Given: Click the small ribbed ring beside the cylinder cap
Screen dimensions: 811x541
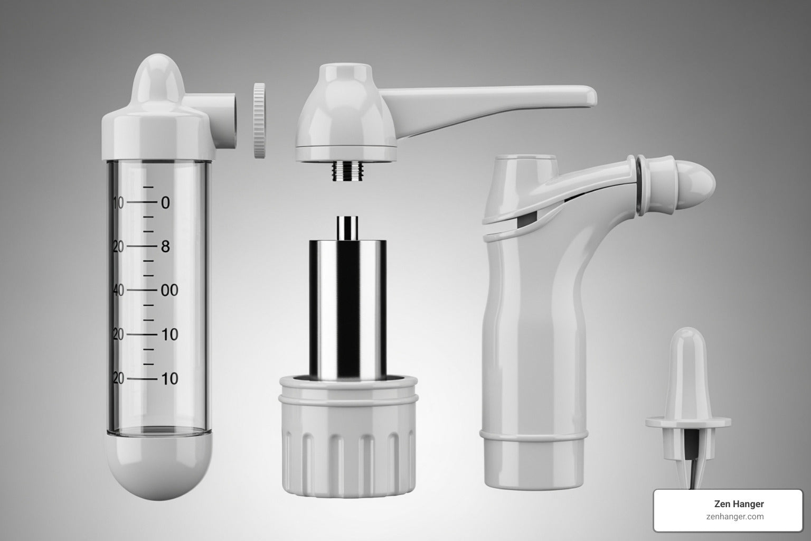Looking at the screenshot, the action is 259,120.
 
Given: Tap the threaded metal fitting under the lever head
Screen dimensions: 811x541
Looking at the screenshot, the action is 348,171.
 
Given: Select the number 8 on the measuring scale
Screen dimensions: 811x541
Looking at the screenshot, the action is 165,246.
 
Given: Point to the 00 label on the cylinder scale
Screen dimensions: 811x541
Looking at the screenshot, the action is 169,290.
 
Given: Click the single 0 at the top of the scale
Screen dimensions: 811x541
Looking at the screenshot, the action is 165,203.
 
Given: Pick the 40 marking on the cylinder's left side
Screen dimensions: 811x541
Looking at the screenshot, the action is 118,290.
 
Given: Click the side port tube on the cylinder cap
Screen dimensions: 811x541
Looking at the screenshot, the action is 217,120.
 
